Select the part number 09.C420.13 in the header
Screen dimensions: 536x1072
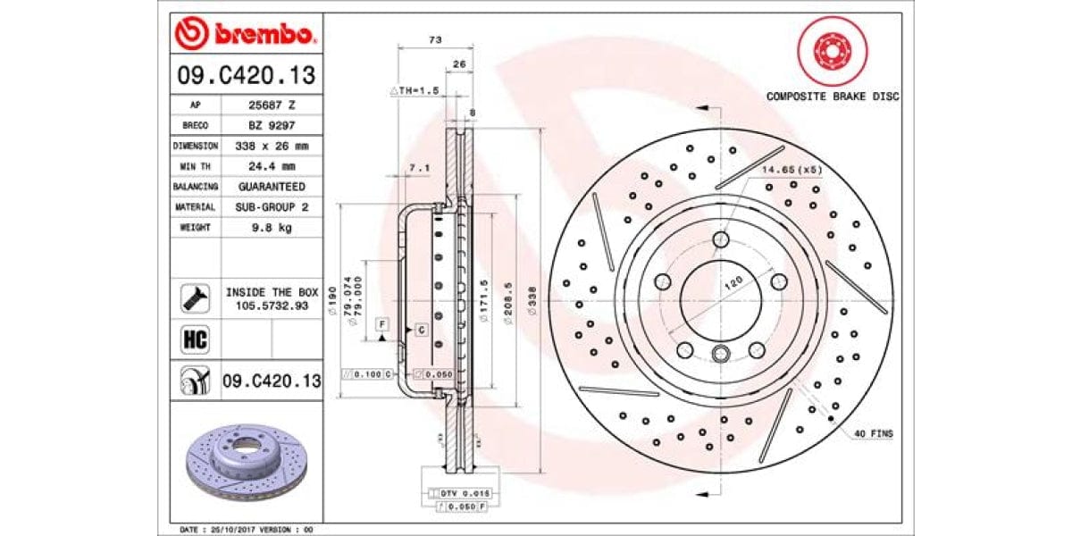tap(245, 76)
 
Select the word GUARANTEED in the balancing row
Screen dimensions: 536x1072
tap(271, 187)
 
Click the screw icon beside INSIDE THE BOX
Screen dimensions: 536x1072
tap(195, 298)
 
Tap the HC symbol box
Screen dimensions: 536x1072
tap(195, 339)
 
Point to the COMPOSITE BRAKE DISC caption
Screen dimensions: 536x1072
tap(832, 96)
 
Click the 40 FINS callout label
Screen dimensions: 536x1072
tap(873, 433)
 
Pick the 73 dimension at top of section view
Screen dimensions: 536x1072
tap(435, 40)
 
